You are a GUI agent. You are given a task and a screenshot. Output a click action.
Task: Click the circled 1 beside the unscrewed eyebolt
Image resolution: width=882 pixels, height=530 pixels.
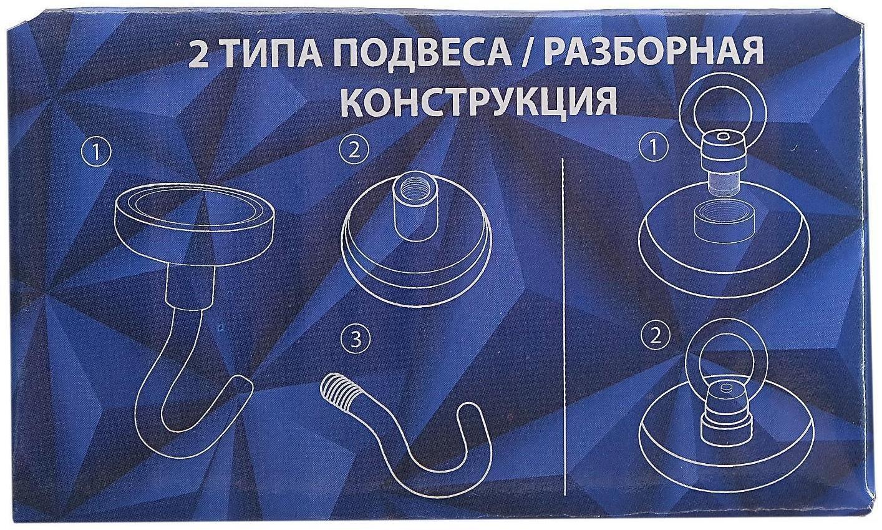[654, 148]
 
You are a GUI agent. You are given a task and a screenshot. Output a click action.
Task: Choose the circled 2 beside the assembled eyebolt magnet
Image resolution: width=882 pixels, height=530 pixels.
[654, 336]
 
